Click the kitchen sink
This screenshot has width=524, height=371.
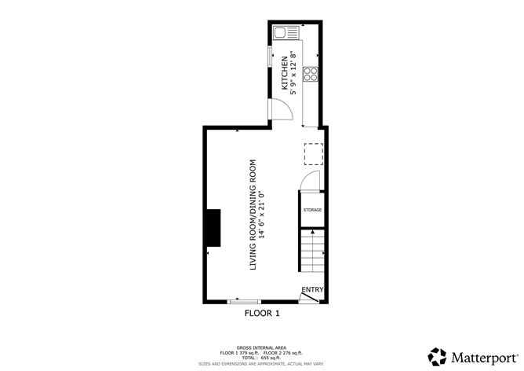coord(282,33)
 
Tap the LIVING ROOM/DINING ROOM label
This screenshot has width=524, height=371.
coord(253,216)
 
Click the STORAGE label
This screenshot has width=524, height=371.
coord(313,210)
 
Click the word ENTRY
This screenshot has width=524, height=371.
coord(312,289)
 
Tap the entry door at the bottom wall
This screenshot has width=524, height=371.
coord(311,297)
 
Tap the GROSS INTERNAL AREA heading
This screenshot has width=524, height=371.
coord(261,347)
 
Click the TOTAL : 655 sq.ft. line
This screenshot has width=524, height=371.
coord(261,358)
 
